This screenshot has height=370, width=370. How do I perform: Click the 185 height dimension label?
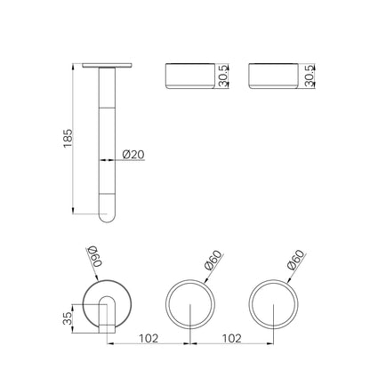(68, 138)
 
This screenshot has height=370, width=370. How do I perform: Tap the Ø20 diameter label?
(133, 154)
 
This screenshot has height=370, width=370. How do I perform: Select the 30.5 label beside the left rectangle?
(223, 76)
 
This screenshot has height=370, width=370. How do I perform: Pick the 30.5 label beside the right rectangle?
(310, 76)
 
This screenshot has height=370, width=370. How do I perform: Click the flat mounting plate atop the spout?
(107, 65)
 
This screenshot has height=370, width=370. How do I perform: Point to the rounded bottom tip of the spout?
(107, 218)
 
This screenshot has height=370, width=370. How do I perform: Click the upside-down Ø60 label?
(94, 257)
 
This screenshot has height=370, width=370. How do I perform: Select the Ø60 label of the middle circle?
(213, 261)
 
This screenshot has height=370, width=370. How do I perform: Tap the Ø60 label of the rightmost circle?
(296, 260)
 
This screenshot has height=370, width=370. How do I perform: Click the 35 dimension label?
(68, 318)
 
